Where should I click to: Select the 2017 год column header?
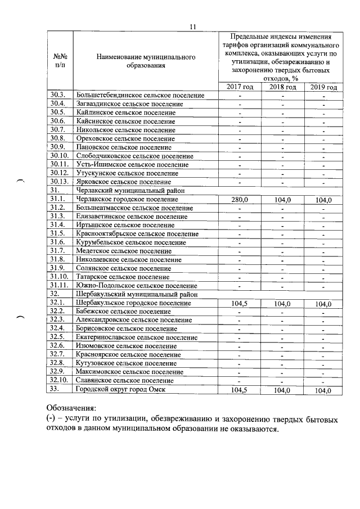[240, 87]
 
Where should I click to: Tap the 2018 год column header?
[283, 87]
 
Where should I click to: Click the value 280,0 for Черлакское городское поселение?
[240, 200]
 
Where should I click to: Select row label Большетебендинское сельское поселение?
[139, 96]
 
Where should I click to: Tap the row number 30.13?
[59, 182]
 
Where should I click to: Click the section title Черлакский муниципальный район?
[125, 191]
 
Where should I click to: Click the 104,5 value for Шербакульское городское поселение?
[240, 303]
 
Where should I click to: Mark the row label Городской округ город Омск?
[120, 389]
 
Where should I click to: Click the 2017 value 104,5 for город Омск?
[240, 389]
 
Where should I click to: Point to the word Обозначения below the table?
[71, 407]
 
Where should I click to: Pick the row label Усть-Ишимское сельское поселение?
[132, 165]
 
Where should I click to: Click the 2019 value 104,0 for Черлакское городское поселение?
[323, 200]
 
